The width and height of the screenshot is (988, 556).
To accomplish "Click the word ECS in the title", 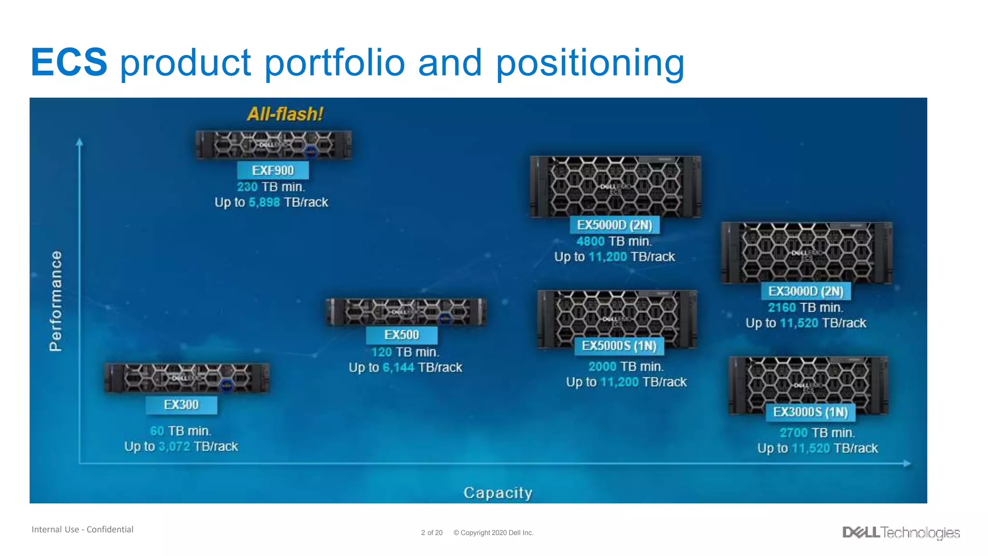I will (x=69, y=62).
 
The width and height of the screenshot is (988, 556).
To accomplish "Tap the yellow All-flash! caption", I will (x=285, y=114).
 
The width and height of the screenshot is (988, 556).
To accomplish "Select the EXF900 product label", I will (x=273, y=170).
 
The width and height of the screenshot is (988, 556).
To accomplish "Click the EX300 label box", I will (x=181, y=404).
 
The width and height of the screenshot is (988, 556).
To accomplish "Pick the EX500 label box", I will (x=401, y=335).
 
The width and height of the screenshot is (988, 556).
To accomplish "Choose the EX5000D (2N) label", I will (x=614, y=225).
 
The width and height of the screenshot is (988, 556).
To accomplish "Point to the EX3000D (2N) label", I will (x=806, y=291).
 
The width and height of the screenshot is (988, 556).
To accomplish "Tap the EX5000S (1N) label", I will (x=619, y=346).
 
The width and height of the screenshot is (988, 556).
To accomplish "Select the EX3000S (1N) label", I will (x=810, y=412).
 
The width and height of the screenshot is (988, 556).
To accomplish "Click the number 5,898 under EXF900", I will (x=264, y=202).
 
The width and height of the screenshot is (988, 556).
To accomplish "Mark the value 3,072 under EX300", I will (x=174, y=446).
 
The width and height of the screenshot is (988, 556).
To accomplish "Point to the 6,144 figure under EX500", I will (x=398, y=368).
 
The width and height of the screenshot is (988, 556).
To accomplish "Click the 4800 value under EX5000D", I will (x=590, y=241).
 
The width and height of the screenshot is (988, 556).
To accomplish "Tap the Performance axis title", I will (x=56, y=301).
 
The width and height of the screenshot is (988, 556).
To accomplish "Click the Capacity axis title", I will (x=498, y=493).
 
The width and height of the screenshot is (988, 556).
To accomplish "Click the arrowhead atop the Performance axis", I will (x=80, y=142).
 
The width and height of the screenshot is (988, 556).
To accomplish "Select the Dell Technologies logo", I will (x=901, y=532).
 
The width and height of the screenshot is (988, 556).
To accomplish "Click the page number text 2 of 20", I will (x=431, y=533).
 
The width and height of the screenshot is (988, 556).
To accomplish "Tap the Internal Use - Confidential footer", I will (x=82, y=529).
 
